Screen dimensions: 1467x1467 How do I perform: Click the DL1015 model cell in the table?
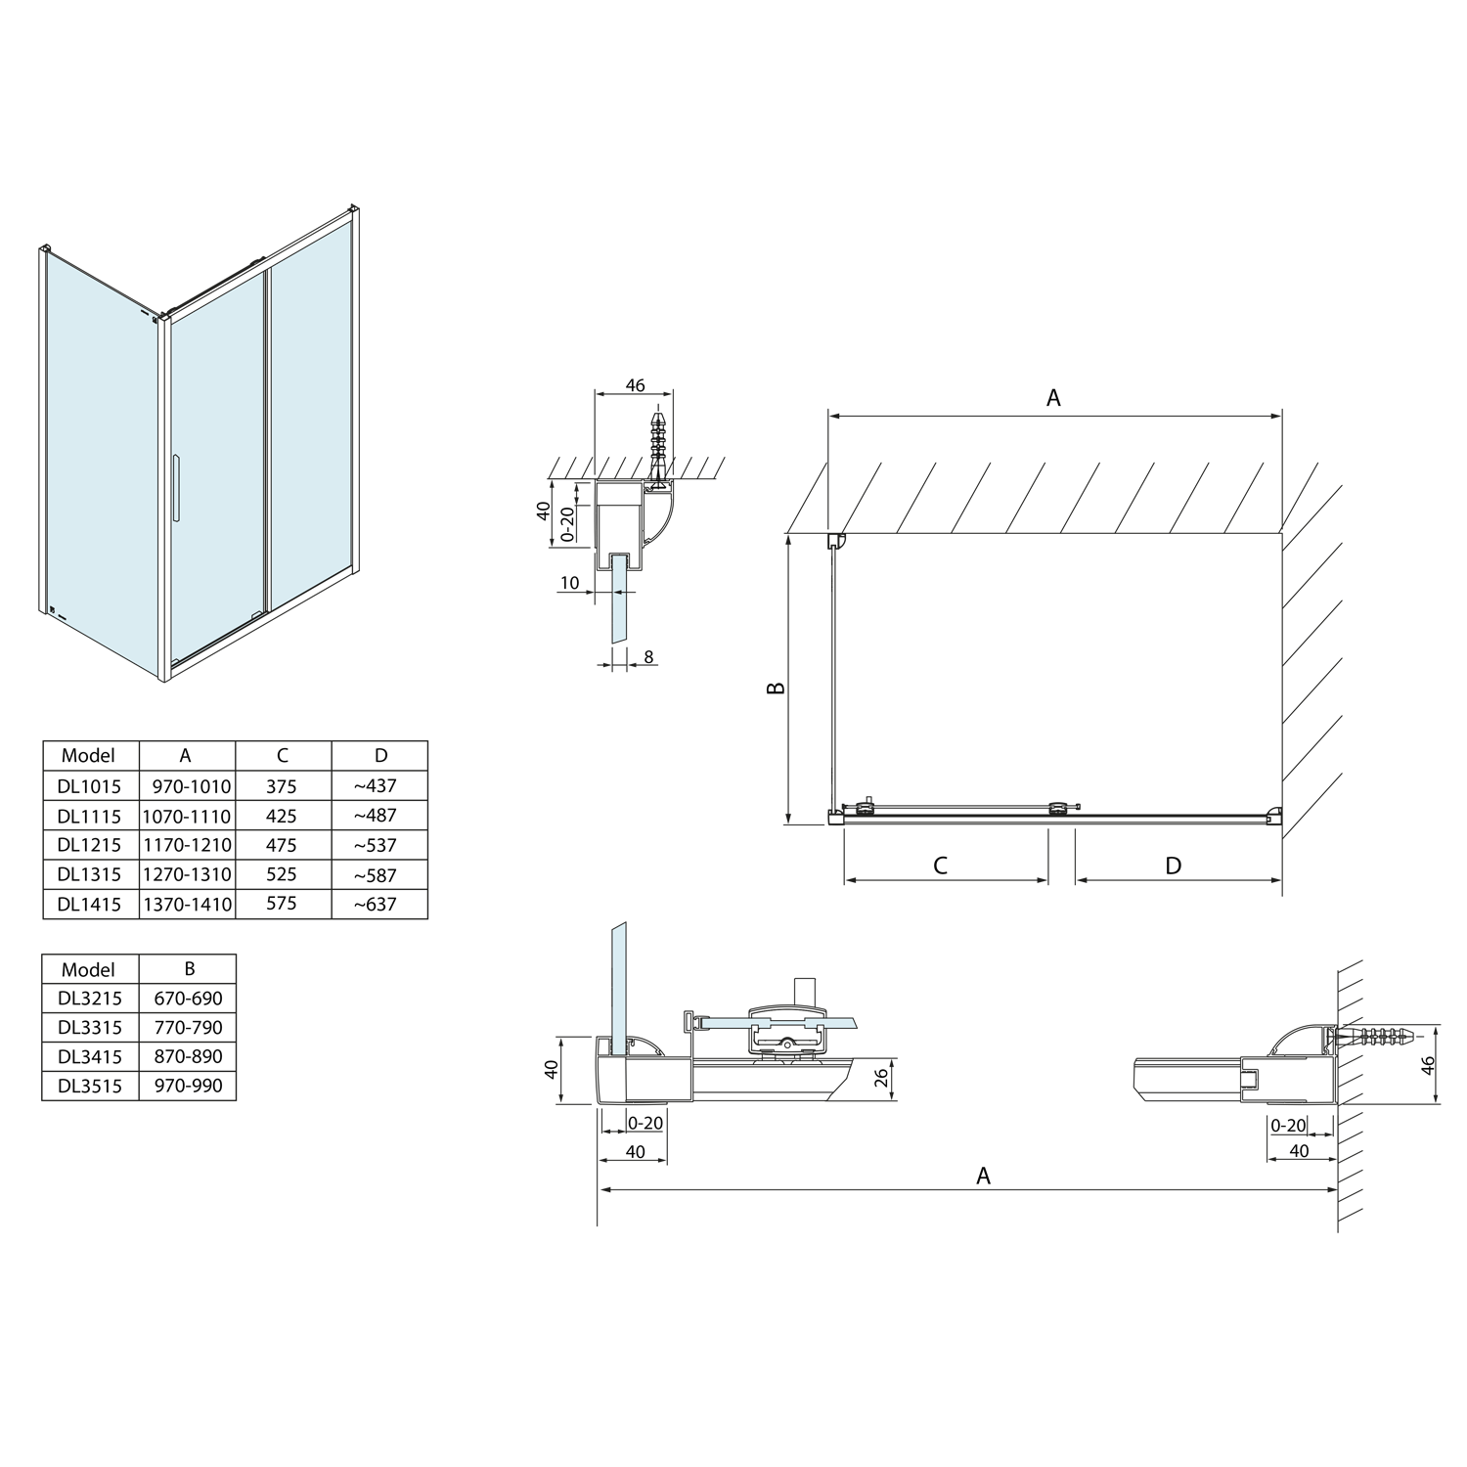89,786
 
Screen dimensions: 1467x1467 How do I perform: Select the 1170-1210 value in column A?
187,845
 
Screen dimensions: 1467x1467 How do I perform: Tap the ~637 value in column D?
378,904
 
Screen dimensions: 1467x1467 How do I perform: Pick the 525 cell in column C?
282,874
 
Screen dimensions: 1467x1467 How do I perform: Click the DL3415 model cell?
89,1056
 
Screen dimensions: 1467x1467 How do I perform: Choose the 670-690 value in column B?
188,999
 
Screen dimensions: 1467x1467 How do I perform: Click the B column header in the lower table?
189,968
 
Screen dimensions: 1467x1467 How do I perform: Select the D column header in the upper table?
380,755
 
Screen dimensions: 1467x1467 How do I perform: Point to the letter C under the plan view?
941,866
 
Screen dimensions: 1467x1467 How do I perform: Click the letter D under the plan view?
1174,866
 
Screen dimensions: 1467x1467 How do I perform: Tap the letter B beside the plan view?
776,688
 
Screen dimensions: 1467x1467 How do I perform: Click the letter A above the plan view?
1053,397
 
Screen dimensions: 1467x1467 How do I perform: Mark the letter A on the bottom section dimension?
983,1176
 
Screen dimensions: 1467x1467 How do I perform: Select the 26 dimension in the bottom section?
880,1079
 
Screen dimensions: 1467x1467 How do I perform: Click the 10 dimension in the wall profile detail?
570,583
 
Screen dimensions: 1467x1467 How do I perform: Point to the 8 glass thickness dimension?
648,658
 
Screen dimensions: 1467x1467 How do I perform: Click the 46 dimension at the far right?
1428,1065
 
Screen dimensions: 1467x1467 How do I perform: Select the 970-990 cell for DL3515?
188,1086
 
